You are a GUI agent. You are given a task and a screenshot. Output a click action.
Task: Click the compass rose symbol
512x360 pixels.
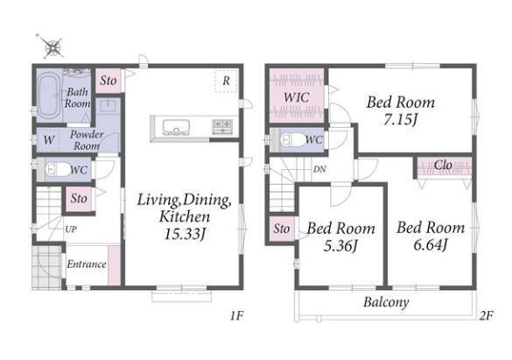coord(53,47)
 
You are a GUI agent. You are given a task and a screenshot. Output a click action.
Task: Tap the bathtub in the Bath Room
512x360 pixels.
coord(49,96)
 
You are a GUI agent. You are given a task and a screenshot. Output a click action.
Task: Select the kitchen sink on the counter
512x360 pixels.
coord(176,127)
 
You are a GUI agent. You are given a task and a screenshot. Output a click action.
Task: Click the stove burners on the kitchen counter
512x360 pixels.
coord(222,127)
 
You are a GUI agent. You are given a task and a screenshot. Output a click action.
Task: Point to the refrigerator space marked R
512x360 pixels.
coord(226,81)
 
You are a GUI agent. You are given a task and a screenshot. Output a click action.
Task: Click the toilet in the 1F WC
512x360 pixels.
coord(54,170)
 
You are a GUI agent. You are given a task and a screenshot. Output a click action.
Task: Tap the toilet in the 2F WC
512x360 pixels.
coord(292,140)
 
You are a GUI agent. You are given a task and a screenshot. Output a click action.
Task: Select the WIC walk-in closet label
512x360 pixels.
coord(296,97)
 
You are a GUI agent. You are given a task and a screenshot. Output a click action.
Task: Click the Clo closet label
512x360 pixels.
coord(443,165)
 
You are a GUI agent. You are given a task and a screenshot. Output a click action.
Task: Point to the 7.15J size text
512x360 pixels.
coord(400,120)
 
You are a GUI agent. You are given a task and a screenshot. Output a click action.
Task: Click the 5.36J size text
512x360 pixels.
coord(340,245)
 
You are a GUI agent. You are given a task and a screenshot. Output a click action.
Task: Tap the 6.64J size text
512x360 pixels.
coord(430,244)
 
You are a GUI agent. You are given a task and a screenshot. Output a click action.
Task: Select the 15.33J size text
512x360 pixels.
coord(185,234)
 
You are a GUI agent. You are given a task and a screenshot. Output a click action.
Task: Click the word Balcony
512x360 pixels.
coord(386,302)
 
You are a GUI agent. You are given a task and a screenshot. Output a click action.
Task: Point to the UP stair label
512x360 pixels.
coord(71,229)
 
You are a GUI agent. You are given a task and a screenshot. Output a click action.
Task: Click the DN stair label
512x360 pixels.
coord(319,170)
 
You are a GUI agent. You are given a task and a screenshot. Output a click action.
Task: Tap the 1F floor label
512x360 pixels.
coord(236,316)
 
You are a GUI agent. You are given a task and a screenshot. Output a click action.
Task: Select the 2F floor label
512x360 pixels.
coord(487,315)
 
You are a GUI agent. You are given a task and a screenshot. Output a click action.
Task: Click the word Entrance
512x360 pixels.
coord(87,264)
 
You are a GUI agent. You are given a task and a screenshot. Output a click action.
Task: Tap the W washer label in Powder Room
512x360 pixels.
coord(49,140)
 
